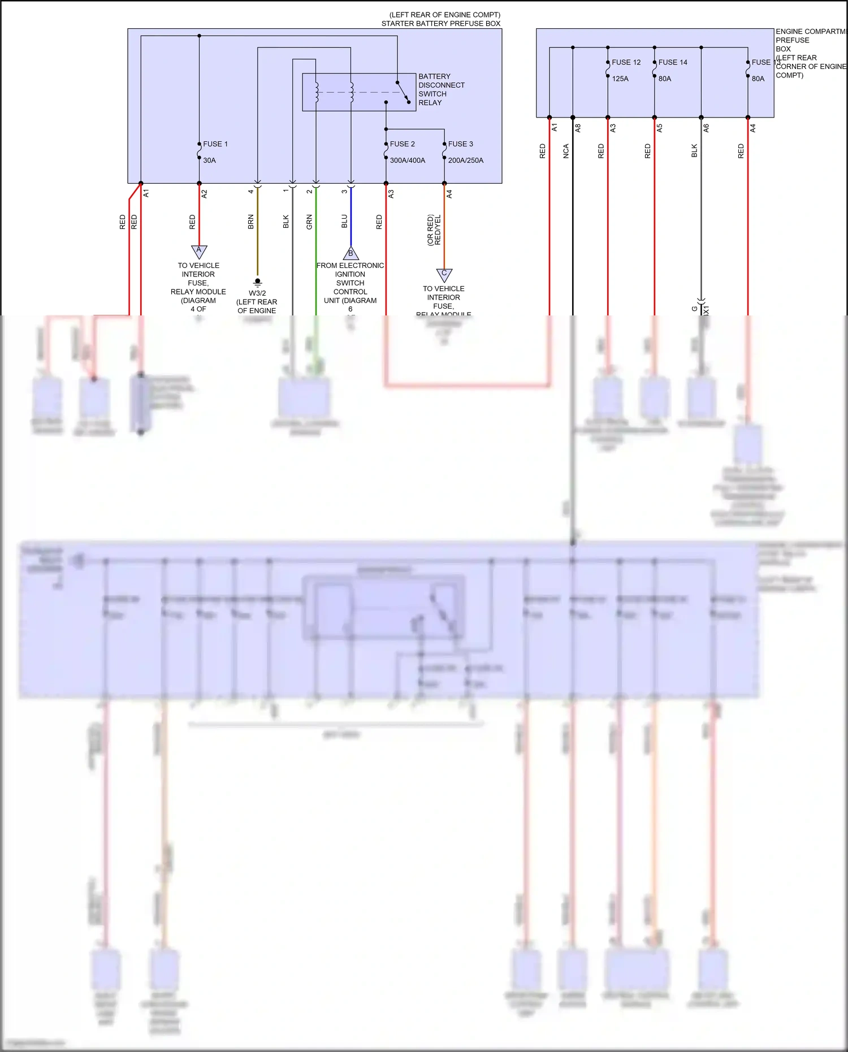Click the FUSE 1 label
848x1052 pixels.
click(x=215, y=144)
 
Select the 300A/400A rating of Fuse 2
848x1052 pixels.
click(x=407, y=161)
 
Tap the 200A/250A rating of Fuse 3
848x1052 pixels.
click(x=465, y=161)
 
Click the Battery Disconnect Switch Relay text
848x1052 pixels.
click(x=441, y=89)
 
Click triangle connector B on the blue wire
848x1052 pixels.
click(x=351, y=253)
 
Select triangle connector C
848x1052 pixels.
click(x=444, y=274)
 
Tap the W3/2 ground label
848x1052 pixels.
click(x=257, y=293)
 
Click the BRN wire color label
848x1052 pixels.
click(x=251, y=222)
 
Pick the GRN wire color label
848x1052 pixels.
click(x=309, y=222)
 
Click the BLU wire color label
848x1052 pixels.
click(x=344, y=222)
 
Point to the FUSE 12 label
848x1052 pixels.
click(x=626, y=62)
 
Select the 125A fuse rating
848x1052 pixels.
click(x=620, y=79)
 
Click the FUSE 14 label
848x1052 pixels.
click(x=673, y=62)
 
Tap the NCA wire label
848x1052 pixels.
click(x=566, y=151)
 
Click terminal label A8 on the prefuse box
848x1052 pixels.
click(x=578, y=128)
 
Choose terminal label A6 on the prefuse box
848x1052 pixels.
click(x=706, y=128)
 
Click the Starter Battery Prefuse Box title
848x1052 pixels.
click(x=440, y=24)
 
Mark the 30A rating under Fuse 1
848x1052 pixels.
click(x=209, y=161)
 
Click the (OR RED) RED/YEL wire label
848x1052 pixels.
click(x=434, y=230)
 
